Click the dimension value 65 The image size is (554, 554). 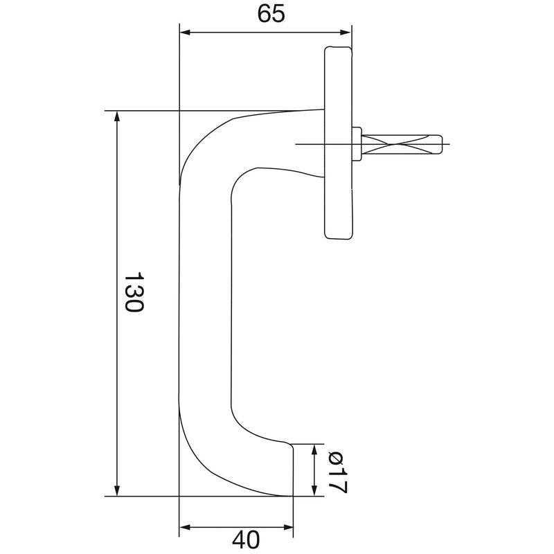(x=271, y=14)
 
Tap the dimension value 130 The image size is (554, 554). (x=134, y=292)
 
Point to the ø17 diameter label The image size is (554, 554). (x=338, y=472)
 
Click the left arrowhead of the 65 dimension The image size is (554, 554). (x=185, y=33)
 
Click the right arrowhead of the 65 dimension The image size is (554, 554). (x=345, y=33)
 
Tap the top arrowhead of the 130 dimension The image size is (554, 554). (x=117, y=116)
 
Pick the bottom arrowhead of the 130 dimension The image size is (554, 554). (x=117, y=490)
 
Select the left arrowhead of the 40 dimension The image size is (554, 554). (x=185, y=528)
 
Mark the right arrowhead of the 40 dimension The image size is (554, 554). (x=287, y=528)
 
